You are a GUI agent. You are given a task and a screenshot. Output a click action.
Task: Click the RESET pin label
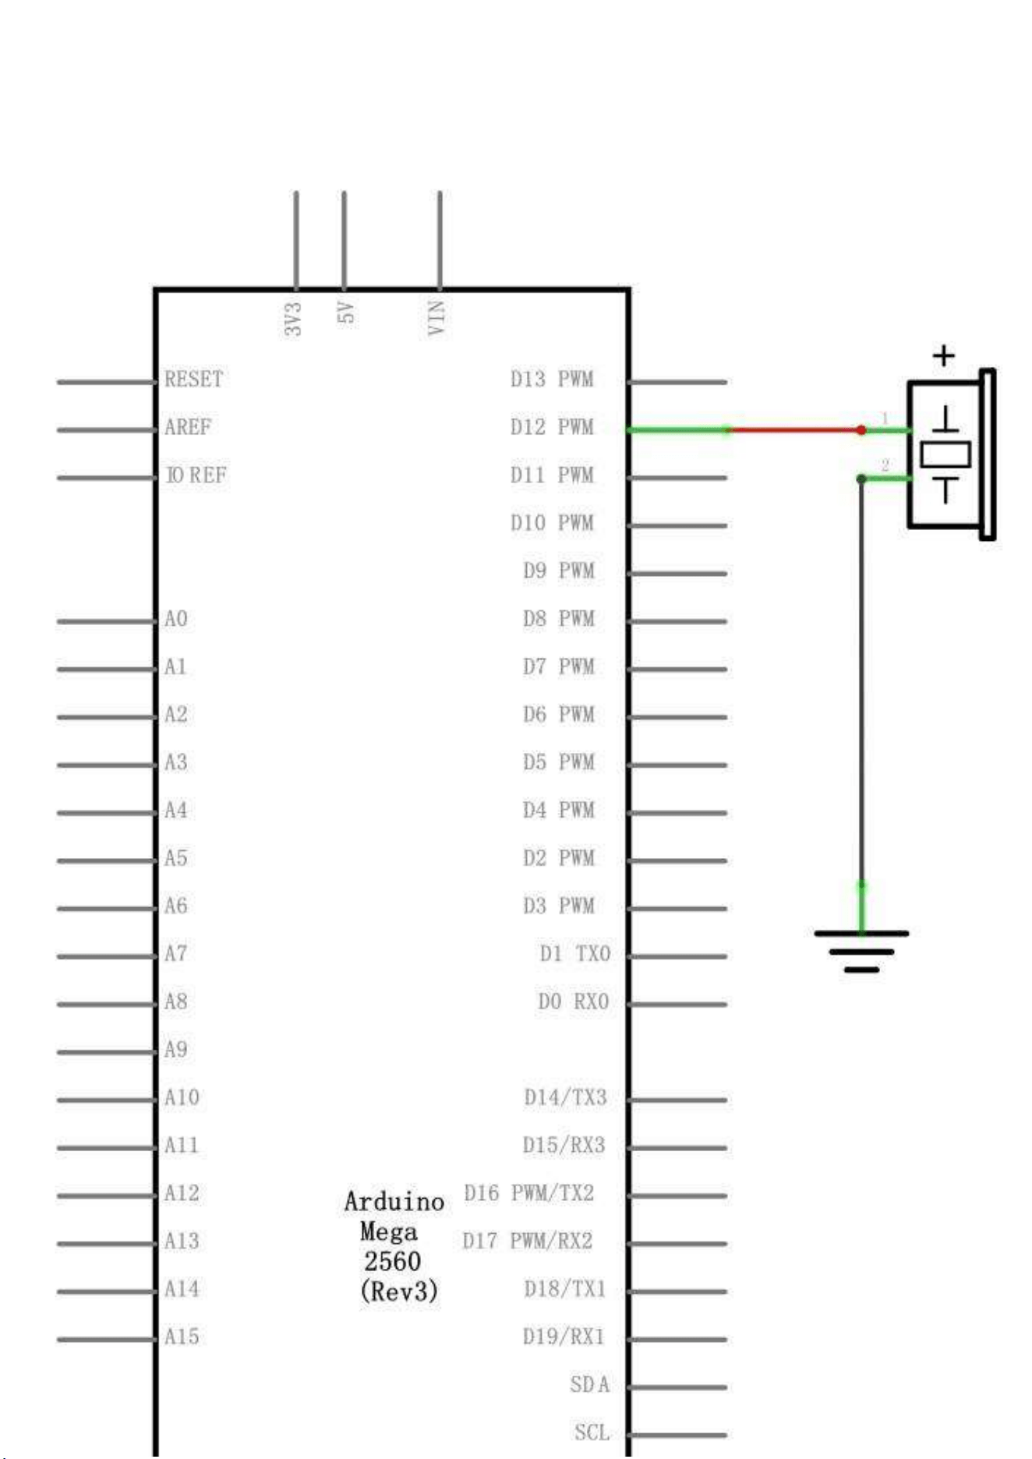(x=193, y=380)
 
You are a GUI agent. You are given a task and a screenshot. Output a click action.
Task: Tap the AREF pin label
(x=188, y=427)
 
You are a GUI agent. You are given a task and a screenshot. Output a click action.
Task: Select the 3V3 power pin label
(x=292, y=319)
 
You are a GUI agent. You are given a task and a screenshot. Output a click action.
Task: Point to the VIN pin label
(x=436, y=318)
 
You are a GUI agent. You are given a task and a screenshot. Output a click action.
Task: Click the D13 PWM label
(x=552, y=380)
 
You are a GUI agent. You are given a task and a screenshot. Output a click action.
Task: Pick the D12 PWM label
(x=552, y=427)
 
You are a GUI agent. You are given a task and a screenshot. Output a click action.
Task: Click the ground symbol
(x=861, y=951)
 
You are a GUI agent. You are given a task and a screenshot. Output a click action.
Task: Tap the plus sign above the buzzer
(x=944, y=356)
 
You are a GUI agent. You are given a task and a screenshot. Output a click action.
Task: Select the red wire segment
(x=794, y=429)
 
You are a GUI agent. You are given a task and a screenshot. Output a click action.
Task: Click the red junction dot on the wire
(x=861, y=429)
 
